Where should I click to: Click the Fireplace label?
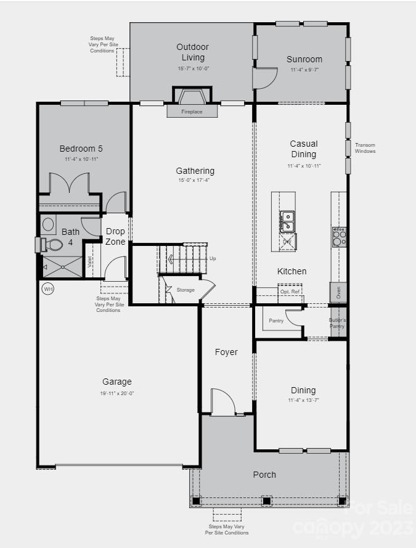[x=192, y=112]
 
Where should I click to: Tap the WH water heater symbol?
[x=47, y=288]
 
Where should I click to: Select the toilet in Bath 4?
[x=52, y=245]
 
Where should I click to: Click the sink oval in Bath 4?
[x=49, y=223]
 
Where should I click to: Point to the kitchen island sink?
[x=287, y=217]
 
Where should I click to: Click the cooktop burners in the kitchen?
[x=340, y=237]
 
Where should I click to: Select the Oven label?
[x=338, y=292]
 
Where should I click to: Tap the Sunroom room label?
[x=304, y=60]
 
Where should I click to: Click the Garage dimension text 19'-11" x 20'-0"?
[x=117, y=393]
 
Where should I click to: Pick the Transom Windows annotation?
[x=365, y=148]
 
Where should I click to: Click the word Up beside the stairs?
[x=213, y=258]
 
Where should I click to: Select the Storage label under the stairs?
[x=186, y=290]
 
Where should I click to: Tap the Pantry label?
[x=276, y=321]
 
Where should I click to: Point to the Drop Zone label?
[x=115, y=237]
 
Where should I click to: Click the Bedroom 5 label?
[x=81, y=149]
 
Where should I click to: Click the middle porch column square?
[x=266, y=500]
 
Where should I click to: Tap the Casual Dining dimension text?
[x=303, y=166]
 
